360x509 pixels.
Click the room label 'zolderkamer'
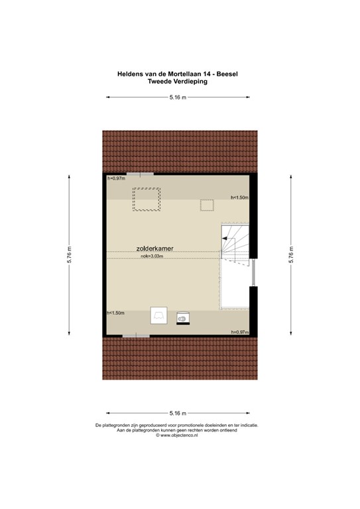pos(155,249)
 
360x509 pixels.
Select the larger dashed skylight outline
pos(146,199)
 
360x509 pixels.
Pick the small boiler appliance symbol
pos(182,318)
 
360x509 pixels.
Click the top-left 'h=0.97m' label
pos(117,179)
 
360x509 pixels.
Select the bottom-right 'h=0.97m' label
pos(239,331)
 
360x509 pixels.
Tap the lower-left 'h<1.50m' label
pos(116,312)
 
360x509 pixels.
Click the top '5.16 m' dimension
pos(177,97)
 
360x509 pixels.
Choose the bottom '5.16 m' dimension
pos(177,413)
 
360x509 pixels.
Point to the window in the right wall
pos(253,272)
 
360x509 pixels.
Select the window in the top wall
pos(139,174)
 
